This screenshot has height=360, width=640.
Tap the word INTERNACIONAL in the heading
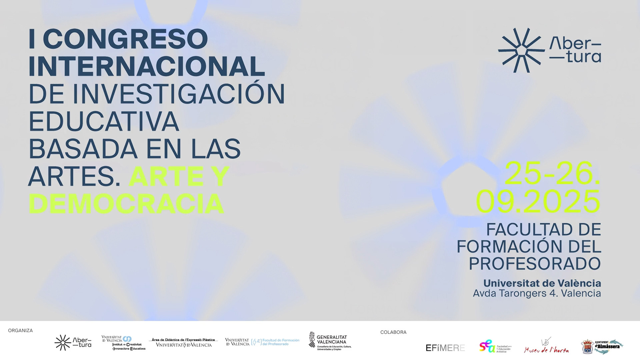coord(147,67)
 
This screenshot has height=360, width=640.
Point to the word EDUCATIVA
coord(104,121)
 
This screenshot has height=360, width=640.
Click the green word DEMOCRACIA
coord(126,204)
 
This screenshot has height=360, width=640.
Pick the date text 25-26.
coord(552,174)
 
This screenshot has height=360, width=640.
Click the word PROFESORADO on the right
coord(535,264)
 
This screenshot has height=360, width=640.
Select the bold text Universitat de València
coord(542,283)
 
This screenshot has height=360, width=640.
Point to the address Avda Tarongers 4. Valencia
coord(537,294)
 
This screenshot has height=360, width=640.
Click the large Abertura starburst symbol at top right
coord(519,50)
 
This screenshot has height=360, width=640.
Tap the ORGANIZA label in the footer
coord(20,331)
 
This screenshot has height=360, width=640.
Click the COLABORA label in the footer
coord(393,332)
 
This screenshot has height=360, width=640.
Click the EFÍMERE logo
coord(445,348)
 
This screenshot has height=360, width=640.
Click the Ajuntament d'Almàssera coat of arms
coord(587,347)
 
